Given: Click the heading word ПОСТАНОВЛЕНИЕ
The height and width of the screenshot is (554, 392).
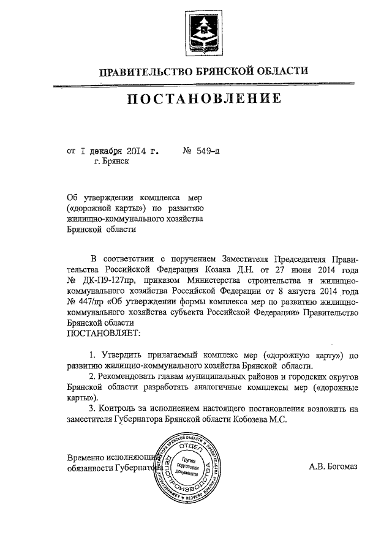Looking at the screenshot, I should (205, 99).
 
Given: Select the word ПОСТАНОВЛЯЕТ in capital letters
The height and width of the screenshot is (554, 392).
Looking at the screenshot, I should (102, 333).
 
